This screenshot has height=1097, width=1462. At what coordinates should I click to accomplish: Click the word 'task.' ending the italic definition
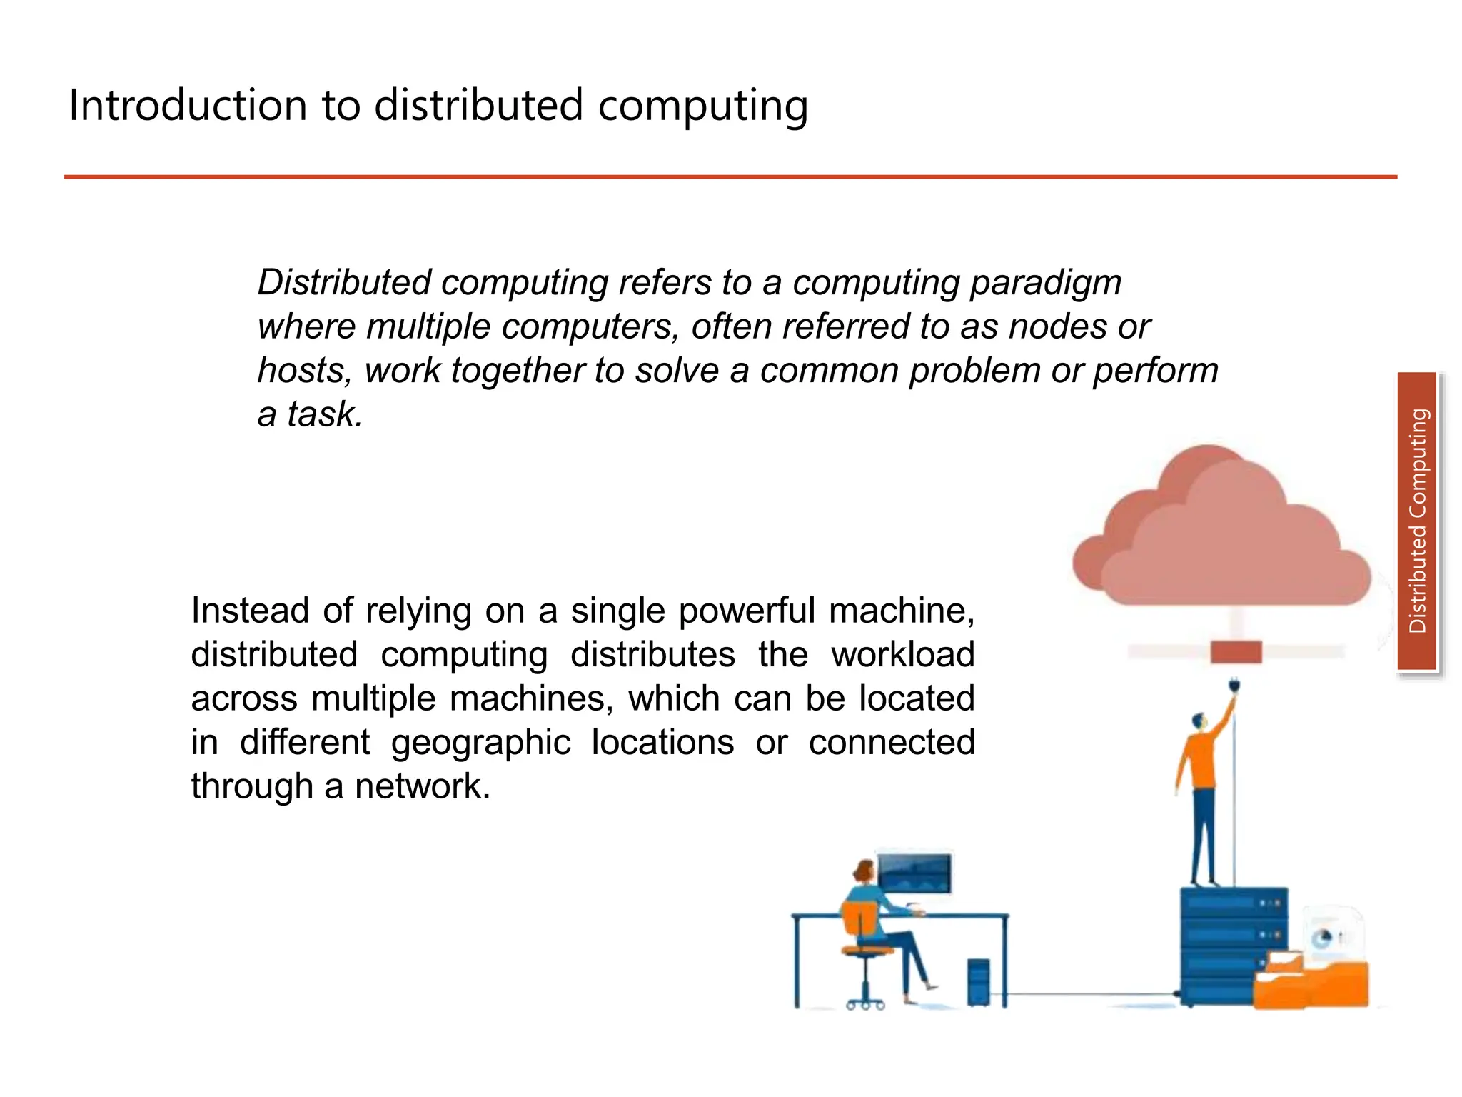click(325, 415)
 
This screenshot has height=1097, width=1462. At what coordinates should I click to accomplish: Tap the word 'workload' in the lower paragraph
click(902, 655)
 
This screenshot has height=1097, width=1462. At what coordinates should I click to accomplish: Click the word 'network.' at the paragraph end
click(423, 786)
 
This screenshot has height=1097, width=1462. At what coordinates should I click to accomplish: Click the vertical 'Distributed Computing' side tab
click(1417, 521)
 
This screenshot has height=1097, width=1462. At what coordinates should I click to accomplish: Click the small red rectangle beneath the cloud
click(1236, 652)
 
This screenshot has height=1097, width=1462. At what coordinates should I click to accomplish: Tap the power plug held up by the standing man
click(1235, 688)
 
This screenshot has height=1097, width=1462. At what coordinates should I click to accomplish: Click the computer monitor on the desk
click(914, 873)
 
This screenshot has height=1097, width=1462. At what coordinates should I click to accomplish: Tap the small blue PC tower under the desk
click(978, 982)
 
